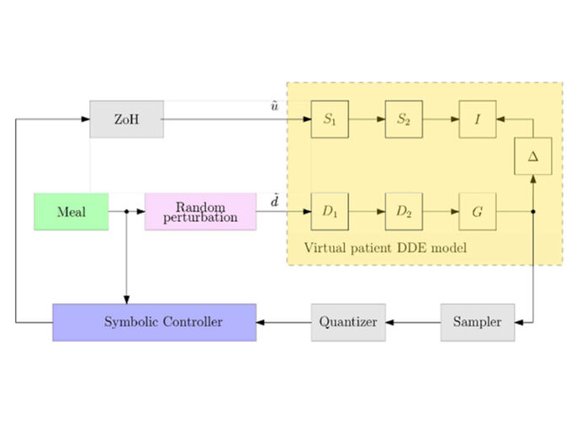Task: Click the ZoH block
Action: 127,119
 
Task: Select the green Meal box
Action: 71,211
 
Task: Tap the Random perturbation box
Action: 201,211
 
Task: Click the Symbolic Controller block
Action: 154,322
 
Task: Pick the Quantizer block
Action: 348,322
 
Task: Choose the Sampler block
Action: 477,322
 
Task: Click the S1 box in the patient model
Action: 329,119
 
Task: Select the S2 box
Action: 403,119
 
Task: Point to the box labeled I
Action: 477,119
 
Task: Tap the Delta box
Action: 533,156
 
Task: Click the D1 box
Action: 329,211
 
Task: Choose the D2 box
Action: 403,211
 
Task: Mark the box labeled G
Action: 477,211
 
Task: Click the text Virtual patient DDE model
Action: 385,248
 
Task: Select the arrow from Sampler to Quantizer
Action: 412,322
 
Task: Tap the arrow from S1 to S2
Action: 366,119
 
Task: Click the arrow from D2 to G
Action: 440,211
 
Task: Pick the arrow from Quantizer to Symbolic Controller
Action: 283,322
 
